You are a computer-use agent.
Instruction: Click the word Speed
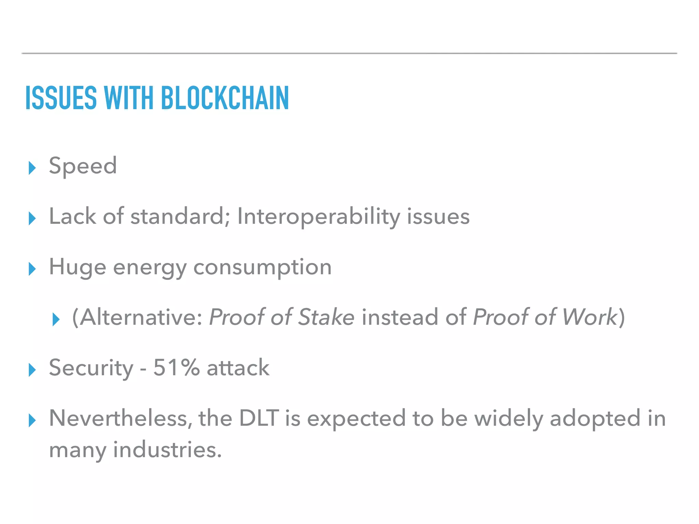[x=83, y=166]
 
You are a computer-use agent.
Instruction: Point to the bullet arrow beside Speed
[x=32, y=168]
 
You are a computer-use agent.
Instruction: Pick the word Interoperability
[x=318, y=217]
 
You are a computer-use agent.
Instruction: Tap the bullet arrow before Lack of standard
[x=32, y=218]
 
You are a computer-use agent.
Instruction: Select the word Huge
[x=77, y=267]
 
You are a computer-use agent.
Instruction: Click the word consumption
[x=262, y=267]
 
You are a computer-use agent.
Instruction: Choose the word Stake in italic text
[x=326, y=317]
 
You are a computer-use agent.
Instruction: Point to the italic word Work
[x=589, y=317]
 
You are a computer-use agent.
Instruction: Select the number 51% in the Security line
[x=176, y=368]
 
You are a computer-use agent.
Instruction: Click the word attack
[x=238, y=368]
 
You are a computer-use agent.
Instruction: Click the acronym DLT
[x=259, y=418]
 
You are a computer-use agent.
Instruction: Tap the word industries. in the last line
[x=167, y=450]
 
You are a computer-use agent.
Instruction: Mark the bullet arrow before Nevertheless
[x=32, y=420]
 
